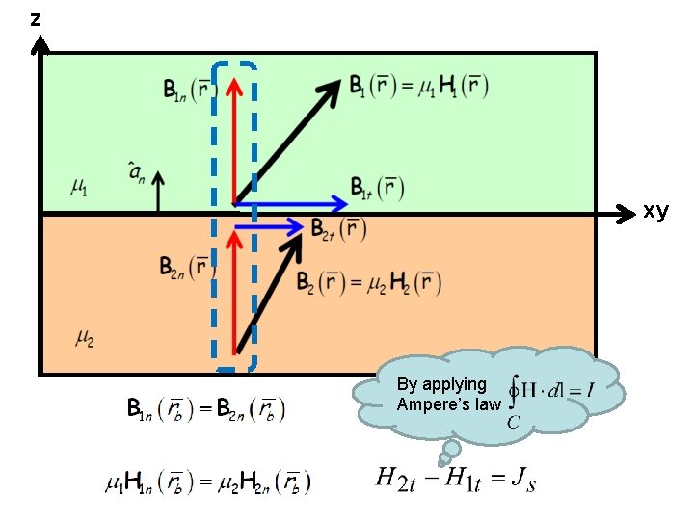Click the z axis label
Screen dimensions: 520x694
click(x=36, y=18)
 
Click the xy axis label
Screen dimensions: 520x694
click(x=655, y=211)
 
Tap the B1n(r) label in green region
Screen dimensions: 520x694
click(x=188, y=91)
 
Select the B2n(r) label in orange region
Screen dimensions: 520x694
click(x=187, y=266)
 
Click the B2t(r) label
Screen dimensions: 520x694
click(x=338, y=228)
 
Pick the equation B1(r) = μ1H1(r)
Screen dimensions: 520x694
click(x=418, y=86)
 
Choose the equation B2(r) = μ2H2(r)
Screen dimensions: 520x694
click(x=368, y=282)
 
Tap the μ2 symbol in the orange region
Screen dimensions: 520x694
click(x=85, y=337)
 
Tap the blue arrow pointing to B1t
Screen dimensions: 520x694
click(x=294, y=203)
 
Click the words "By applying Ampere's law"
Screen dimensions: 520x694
click(x=448, y=394)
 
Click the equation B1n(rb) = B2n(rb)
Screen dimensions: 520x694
click(x=206, y=409)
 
